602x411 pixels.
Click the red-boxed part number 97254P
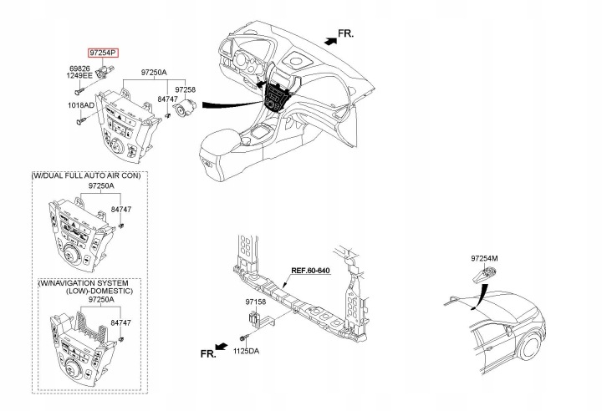click(x=104, y=53)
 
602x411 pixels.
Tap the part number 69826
click(x=79, y=68)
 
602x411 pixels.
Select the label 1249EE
click(x=79, y=75)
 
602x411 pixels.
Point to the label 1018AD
click(x=81, y=105)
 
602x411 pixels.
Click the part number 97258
click(x=186, y=89)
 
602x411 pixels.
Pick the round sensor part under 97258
click(x=184, y=109)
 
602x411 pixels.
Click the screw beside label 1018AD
click(x=81, y=121)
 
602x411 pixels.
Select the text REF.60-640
click(x=310, y=271)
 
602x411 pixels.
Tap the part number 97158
click(x=255, y=302)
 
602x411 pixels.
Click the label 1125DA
click(x=246, y=351)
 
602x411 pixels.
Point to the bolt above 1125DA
click(x=244, y=337)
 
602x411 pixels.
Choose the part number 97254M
click(x=484, y=259)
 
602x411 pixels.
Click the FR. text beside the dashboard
click(x=345, y=33)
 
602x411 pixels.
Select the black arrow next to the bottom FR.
click(x=222, y=347)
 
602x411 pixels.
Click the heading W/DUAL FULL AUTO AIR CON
click(x=86, y=175)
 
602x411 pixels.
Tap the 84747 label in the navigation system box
click(x=121, y=323)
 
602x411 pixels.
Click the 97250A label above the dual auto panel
click(x=101, y=185)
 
